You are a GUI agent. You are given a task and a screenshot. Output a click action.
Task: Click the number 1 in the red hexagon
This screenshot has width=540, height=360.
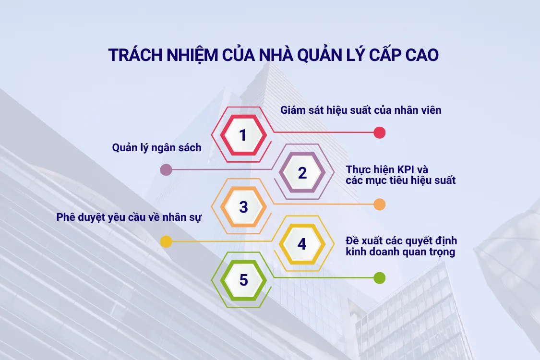pyautogui.click(x=243, y=135)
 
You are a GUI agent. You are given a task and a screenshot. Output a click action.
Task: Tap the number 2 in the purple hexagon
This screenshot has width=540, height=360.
pyautogui.click(x=302, y=172)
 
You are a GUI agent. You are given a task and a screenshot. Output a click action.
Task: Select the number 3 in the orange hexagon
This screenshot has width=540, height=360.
pyautogui.click(x=243, y=207)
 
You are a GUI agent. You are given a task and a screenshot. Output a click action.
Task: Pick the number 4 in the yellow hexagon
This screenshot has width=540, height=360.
pyautogui.click(x=301, y=244)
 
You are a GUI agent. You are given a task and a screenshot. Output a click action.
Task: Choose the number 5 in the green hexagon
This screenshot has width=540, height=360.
pyautogui.click(x=243, y=280)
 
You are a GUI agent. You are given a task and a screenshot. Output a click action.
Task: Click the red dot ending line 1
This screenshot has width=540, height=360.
pyautogui.click(x=380, y=132)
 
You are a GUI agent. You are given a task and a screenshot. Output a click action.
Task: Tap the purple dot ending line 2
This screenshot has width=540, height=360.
pyautogui.click(x=166, y=169)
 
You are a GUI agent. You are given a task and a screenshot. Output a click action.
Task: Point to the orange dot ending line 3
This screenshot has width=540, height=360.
pyautogui.click(x=380, y=204)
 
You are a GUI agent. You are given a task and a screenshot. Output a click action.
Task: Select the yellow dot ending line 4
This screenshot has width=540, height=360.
pyautogui.click(x=166, y=241)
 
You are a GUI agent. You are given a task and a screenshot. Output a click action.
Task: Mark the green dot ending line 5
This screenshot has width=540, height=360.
pyautogui.click(x=380, y=277)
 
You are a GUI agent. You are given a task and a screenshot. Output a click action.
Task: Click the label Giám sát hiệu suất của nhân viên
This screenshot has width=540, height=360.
pyautogui.click(x=360, y=110)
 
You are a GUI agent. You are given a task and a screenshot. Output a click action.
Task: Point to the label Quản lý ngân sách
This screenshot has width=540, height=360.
pyautogui.click(x=157, y=148)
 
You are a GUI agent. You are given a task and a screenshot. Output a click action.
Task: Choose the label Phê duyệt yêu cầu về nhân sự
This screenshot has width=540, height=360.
pyautogui.click(x=129, y=217)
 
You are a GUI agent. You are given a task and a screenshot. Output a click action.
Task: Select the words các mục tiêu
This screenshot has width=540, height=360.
pyautogui.click(x=376, y=181)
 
